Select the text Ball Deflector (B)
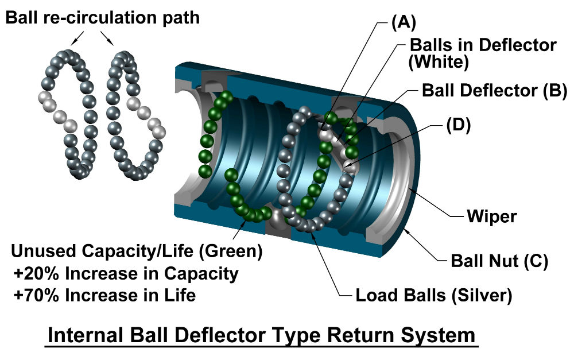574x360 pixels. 494,91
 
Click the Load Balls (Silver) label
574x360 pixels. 433,296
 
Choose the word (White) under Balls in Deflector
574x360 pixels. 439,62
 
